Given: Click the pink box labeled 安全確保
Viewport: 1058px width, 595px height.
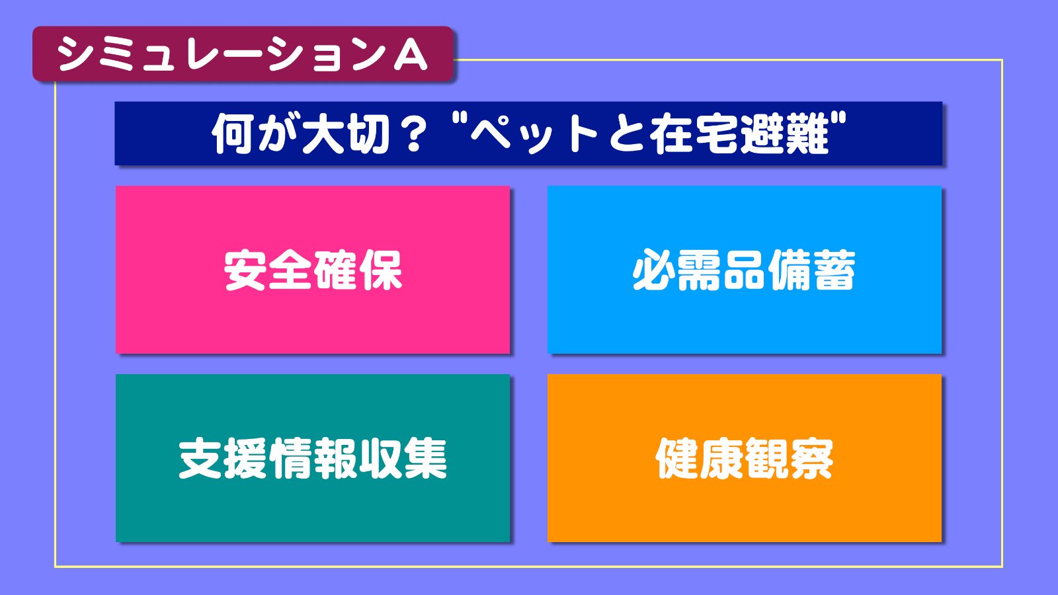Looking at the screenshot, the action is click(x=313, y=270).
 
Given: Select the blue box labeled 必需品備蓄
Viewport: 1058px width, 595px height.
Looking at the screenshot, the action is click(x=745, y=270).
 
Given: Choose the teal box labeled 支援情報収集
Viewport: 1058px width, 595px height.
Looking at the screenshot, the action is click(x=313, y=458).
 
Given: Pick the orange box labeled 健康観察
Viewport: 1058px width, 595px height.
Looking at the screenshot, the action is click(x=745, y=458).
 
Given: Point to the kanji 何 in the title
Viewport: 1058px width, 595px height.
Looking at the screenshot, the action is click(x=231, y=134).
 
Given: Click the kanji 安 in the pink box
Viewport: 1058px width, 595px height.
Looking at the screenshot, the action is click(x=244, y=270).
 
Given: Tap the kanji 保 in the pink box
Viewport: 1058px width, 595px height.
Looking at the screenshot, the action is click(x=381, y=270).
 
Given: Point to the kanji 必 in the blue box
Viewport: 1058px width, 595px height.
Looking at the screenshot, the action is click(x=654, y=270).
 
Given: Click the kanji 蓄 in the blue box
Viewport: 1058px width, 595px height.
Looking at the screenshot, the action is click(x=834, y=270).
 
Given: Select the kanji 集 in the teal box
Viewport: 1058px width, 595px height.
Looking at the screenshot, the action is click(x=426, y=458).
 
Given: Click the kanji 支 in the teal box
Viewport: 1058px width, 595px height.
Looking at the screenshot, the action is click(x=200, y=458).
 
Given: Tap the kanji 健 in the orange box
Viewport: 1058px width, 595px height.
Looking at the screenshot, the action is click(x=677, y=458).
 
